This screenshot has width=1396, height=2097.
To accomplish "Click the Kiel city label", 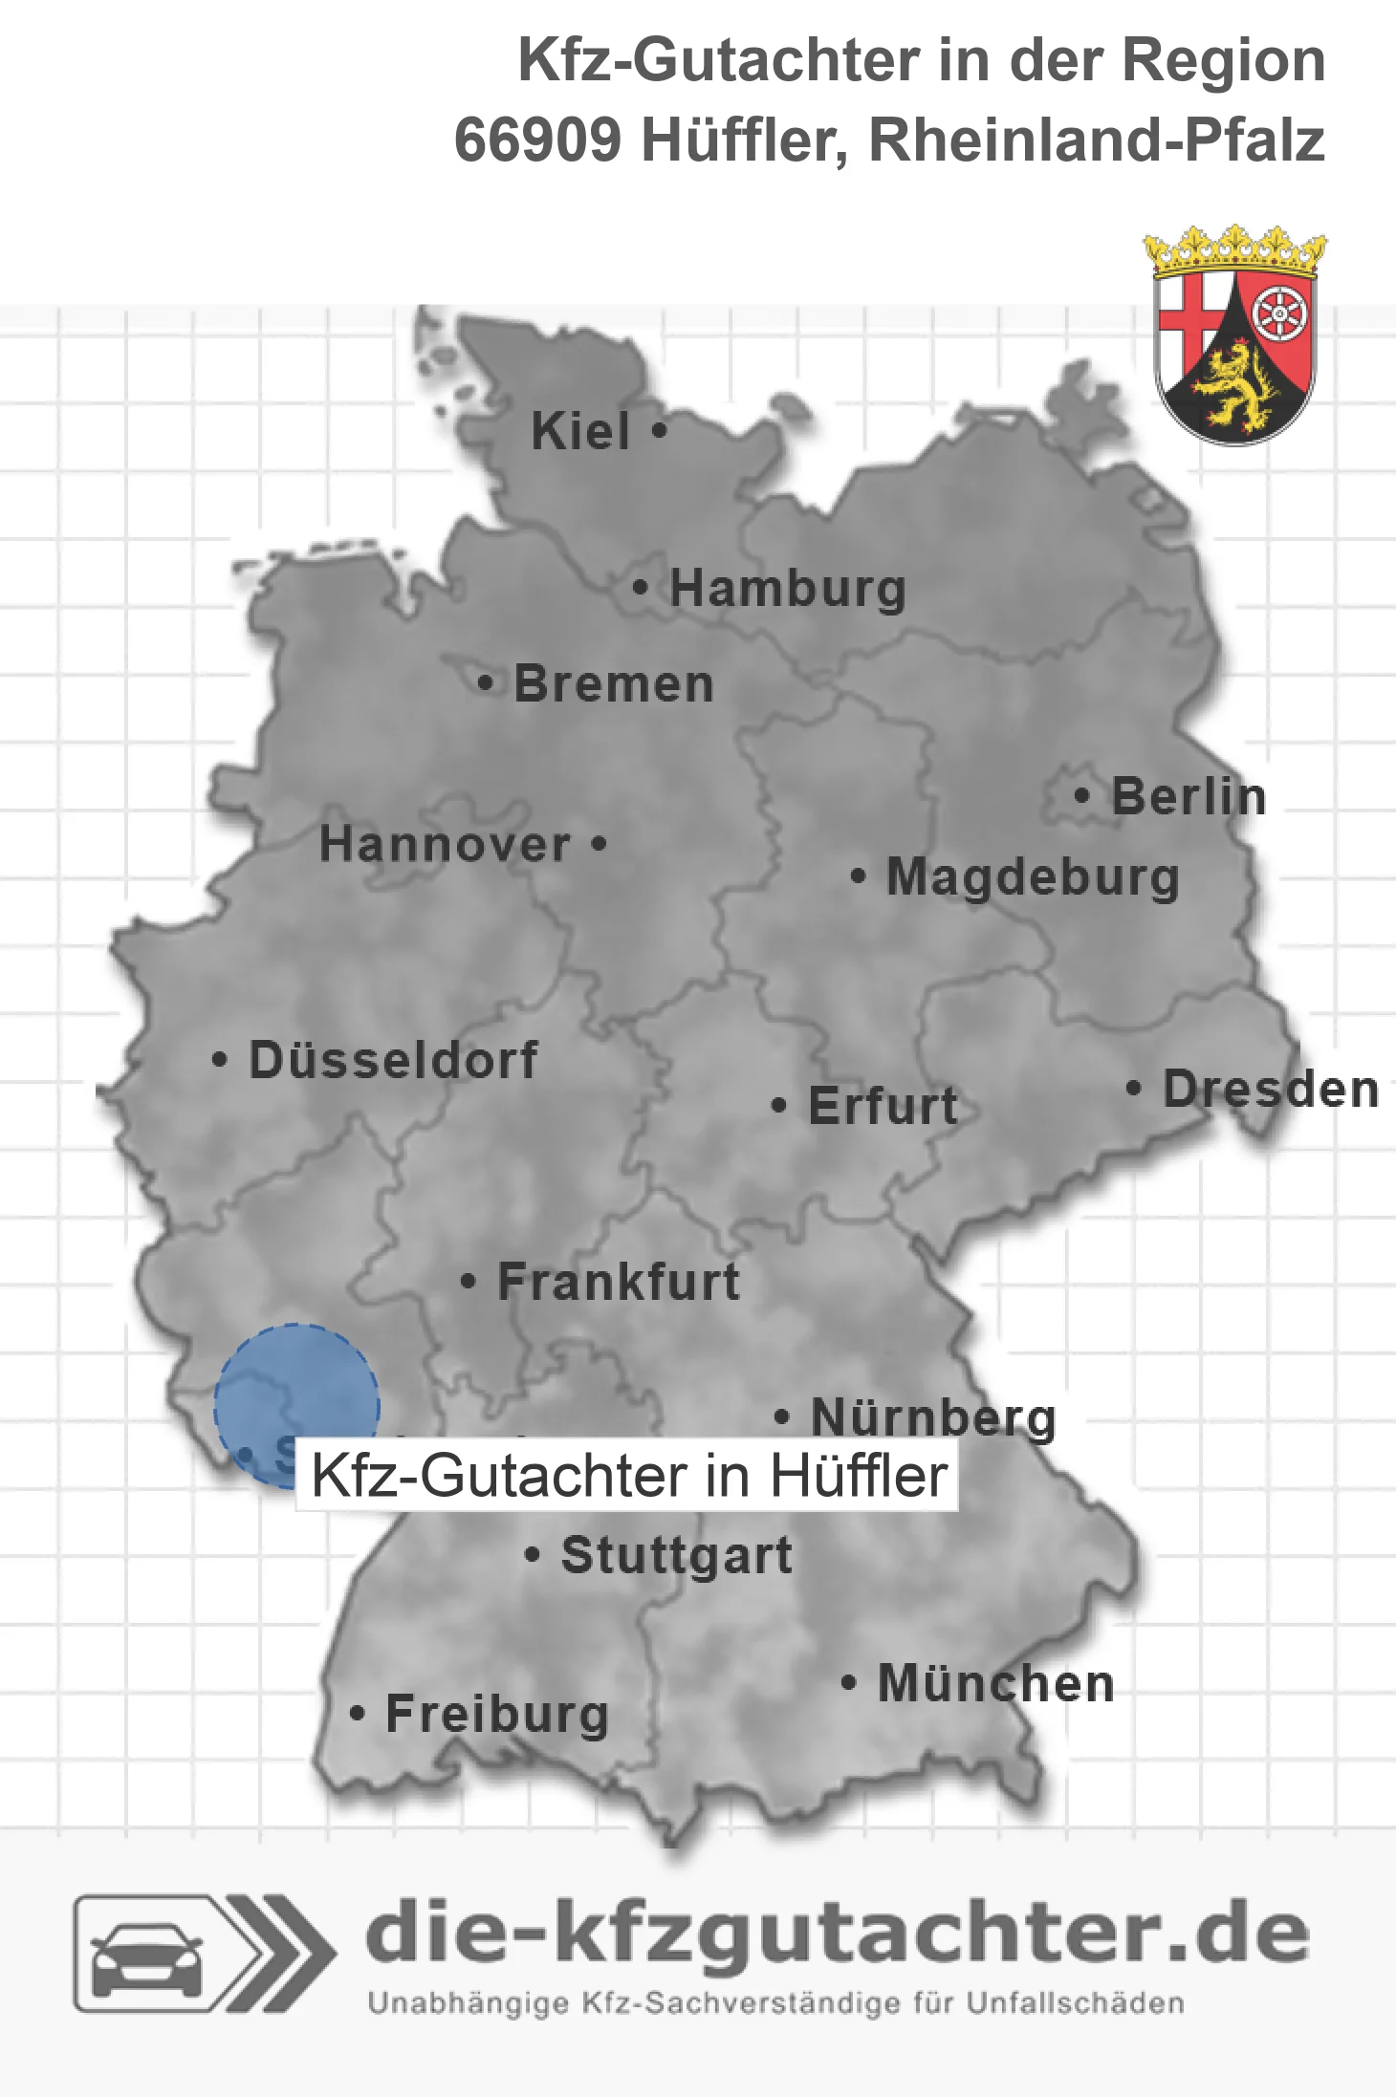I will [580, 431].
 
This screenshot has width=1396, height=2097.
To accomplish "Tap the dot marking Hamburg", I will [641, 588].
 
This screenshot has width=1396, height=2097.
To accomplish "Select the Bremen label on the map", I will [614, 684].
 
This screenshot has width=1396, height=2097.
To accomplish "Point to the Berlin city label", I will [1189, 796].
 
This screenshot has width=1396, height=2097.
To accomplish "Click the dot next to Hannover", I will [599, 844].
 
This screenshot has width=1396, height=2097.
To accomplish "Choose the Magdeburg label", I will [1033, 876].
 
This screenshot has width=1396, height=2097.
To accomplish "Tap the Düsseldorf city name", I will [393, 1060].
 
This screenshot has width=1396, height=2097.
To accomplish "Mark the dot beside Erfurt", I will [778, 1106].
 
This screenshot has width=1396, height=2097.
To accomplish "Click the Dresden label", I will [1271, 1090].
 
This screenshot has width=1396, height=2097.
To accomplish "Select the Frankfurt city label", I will [619, 1282].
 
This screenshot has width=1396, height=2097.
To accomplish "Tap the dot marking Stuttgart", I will [533, 1555].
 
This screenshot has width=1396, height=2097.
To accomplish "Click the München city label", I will [996, 1683].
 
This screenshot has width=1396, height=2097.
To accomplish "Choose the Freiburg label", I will [497, 1714].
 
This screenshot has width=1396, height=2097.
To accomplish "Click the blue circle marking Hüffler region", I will [295, 1391].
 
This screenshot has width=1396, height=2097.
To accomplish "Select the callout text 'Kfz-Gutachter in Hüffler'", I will [628, 1476].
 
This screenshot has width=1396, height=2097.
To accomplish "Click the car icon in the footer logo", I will [146, 1956].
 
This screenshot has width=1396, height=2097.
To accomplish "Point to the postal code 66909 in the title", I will [537, 141].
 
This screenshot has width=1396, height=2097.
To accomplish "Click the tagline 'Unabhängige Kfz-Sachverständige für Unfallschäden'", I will [775, 2003].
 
